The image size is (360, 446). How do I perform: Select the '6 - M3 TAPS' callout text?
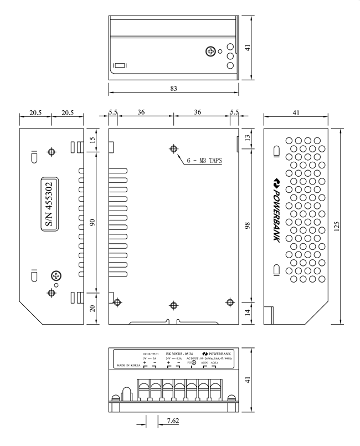click(x=204, y=161)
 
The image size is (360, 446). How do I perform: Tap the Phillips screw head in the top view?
click(x=210, y=52)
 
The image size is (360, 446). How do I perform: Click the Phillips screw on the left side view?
click(x=56, y=275)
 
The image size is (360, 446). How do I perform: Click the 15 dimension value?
click(x=92, y=142)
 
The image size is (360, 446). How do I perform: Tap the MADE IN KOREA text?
click(x=128, y=367)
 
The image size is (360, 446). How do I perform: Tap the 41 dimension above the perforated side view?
click(x=296, y=112)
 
